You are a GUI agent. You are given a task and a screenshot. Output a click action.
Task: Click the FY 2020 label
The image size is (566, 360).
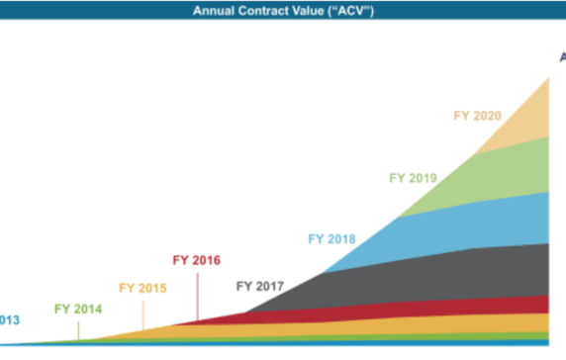coord(477,116)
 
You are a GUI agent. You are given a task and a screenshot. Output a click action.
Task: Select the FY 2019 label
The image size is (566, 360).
coord(412,178)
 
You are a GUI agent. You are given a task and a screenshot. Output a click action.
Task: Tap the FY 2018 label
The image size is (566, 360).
coord(331,238)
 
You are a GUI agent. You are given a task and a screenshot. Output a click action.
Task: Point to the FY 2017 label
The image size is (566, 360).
coord(259,287)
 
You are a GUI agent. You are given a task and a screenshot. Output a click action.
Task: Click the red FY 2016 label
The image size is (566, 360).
coord(196,261)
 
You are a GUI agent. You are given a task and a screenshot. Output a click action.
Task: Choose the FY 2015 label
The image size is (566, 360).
coord(142,288)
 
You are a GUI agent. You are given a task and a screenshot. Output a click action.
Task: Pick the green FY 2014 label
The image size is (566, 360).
coord(78,307)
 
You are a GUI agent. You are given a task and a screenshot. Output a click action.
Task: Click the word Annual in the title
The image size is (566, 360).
coord(214,12)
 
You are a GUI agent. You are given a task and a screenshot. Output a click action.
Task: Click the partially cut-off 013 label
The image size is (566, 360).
coord(9,319)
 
